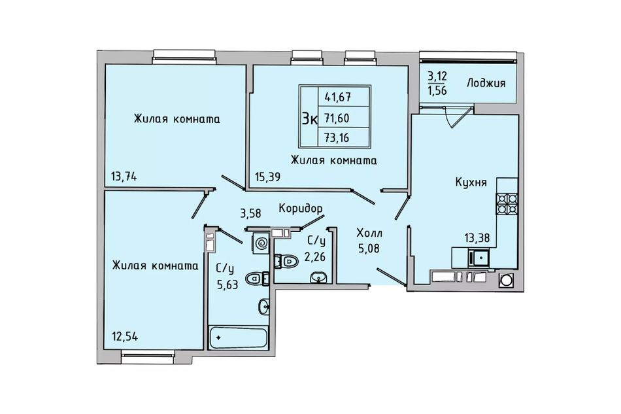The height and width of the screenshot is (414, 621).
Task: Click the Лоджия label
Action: [x=486, y=83]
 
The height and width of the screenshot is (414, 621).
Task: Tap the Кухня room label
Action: [x=471, y=182]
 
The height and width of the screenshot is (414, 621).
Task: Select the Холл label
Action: [x=369, y=232]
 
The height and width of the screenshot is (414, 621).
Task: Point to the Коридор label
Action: [x=300, y=208]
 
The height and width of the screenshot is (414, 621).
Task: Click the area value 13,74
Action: [x=124, y=177]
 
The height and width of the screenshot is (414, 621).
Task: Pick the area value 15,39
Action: [x=268, y=177]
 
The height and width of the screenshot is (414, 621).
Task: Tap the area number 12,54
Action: [x=125, y=337]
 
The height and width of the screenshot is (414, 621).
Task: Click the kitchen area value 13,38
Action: [x=477, y=238]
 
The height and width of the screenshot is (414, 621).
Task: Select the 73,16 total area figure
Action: [x=337, y=138]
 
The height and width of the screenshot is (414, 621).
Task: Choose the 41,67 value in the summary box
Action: [x=338, y=96]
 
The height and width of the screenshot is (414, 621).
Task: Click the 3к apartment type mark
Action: [x=309, y=118]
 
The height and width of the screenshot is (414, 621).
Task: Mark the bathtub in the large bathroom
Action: [x=238, y=337]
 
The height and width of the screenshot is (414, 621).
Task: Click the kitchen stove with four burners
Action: [x=507, y=203]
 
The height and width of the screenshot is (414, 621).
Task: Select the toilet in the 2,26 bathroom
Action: [x=287, y=262]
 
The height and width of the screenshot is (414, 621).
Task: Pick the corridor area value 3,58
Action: [x=251, y=213]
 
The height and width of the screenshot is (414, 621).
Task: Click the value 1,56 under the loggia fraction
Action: [x=437, y=91]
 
